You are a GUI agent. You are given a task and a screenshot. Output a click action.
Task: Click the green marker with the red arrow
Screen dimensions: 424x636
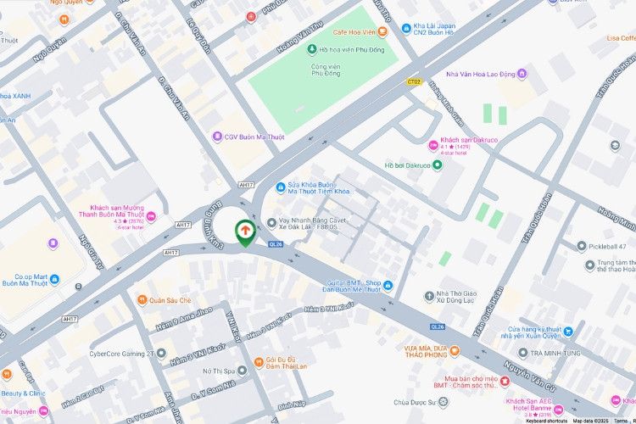coord(245,232)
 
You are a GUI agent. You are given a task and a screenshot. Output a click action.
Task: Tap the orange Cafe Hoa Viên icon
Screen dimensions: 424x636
coord(382,31)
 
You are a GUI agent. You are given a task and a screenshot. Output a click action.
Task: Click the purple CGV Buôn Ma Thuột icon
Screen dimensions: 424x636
coord(218,137)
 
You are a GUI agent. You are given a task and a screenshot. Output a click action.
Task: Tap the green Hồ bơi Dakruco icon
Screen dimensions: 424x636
coord(437,165)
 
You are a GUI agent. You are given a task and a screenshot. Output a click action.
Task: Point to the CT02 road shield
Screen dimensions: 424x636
coord(414,82)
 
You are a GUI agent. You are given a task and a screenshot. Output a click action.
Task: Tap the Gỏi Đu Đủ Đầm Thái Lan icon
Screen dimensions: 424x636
coord(259,358)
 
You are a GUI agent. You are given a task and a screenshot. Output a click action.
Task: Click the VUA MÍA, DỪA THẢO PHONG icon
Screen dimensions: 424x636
coord(455,350)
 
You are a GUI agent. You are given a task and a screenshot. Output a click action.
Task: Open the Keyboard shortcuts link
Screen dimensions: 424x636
coord(546,420)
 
